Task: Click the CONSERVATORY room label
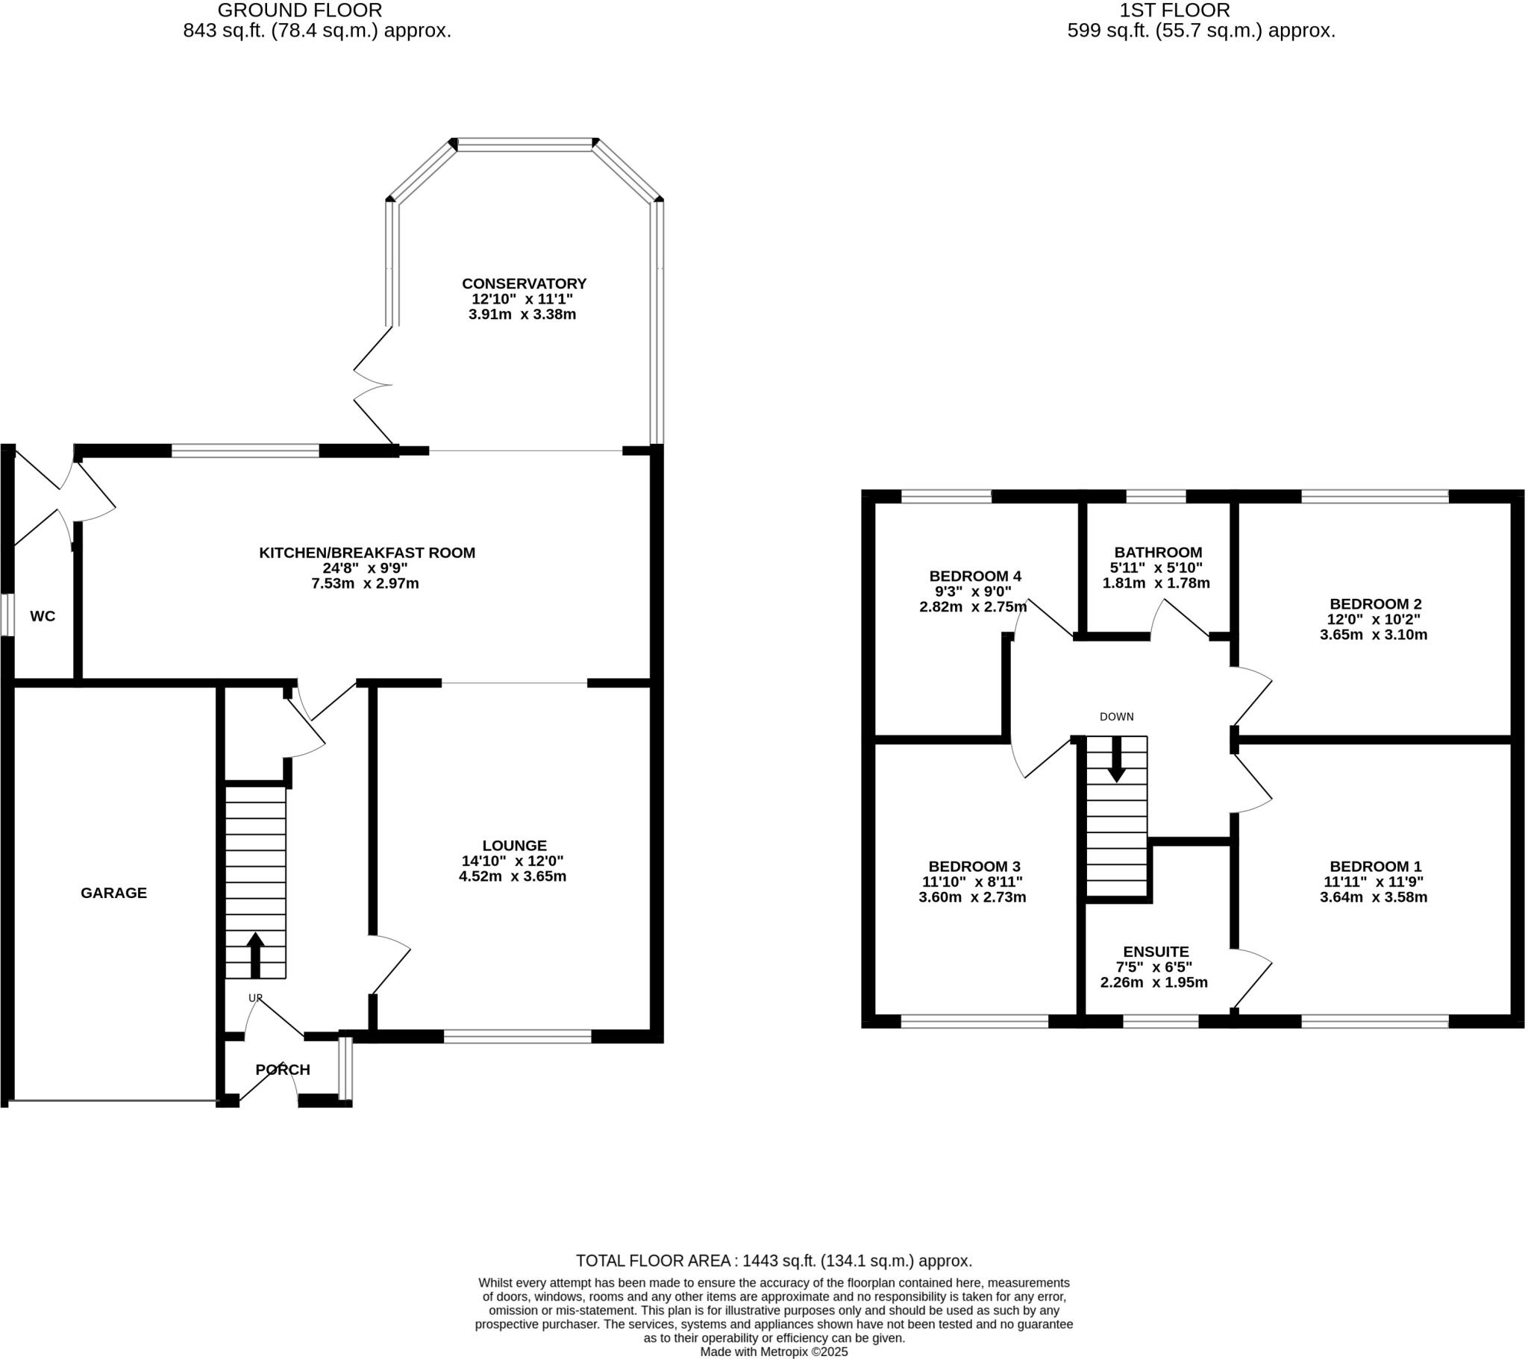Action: [523, 283]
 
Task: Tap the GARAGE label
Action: [113, 893]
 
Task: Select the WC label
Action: [43, 616]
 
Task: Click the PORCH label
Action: [283, 1070]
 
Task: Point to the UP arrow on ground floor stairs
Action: [255, 953]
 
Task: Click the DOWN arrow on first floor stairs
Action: [1116, 760]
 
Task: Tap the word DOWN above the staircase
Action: [1116, 717]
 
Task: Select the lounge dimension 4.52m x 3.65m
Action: [512, 876]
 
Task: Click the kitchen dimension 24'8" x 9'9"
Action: [365, 568]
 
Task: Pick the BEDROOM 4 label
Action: [975, 577]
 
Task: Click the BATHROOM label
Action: [1158, 553]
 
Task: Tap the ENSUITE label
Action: [1156, 952]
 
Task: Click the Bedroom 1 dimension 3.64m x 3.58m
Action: [1374, 897]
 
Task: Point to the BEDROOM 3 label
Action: [974, 867]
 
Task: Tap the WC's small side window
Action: [7, 615]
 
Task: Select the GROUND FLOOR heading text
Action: [300, 10]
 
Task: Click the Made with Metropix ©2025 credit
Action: [774, 1352]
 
